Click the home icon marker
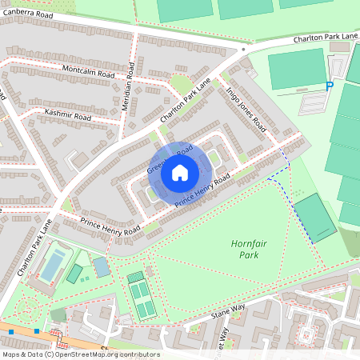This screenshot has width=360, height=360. click(180, 173)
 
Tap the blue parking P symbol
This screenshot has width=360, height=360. click(329, 86)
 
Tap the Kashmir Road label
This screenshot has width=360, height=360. click(68, 116)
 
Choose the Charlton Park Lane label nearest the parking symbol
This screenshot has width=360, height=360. click(326, 38)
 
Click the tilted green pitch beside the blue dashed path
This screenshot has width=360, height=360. click(314, 218)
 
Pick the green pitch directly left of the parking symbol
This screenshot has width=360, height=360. click(297, 70)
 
